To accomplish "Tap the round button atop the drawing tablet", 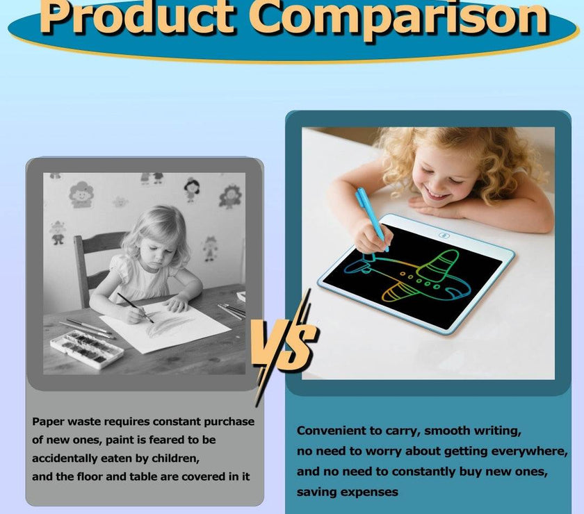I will tap(443, 235).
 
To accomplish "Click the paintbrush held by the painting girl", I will tap(136, 307).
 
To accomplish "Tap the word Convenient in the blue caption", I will tap(331, 431).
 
